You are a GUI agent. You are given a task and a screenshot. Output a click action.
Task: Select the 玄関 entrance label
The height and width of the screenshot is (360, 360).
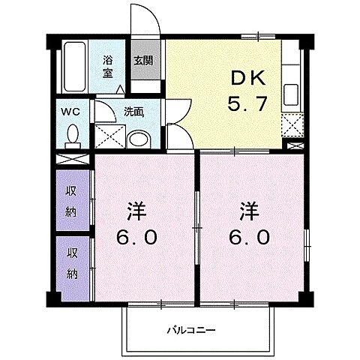click(144, 61)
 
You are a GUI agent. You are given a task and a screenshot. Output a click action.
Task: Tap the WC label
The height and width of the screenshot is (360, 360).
click(70, 113)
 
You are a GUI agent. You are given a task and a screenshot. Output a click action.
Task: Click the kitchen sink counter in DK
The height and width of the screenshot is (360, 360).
click(292, 94)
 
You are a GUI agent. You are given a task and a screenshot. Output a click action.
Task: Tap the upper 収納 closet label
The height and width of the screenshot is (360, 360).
click(73, 198)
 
